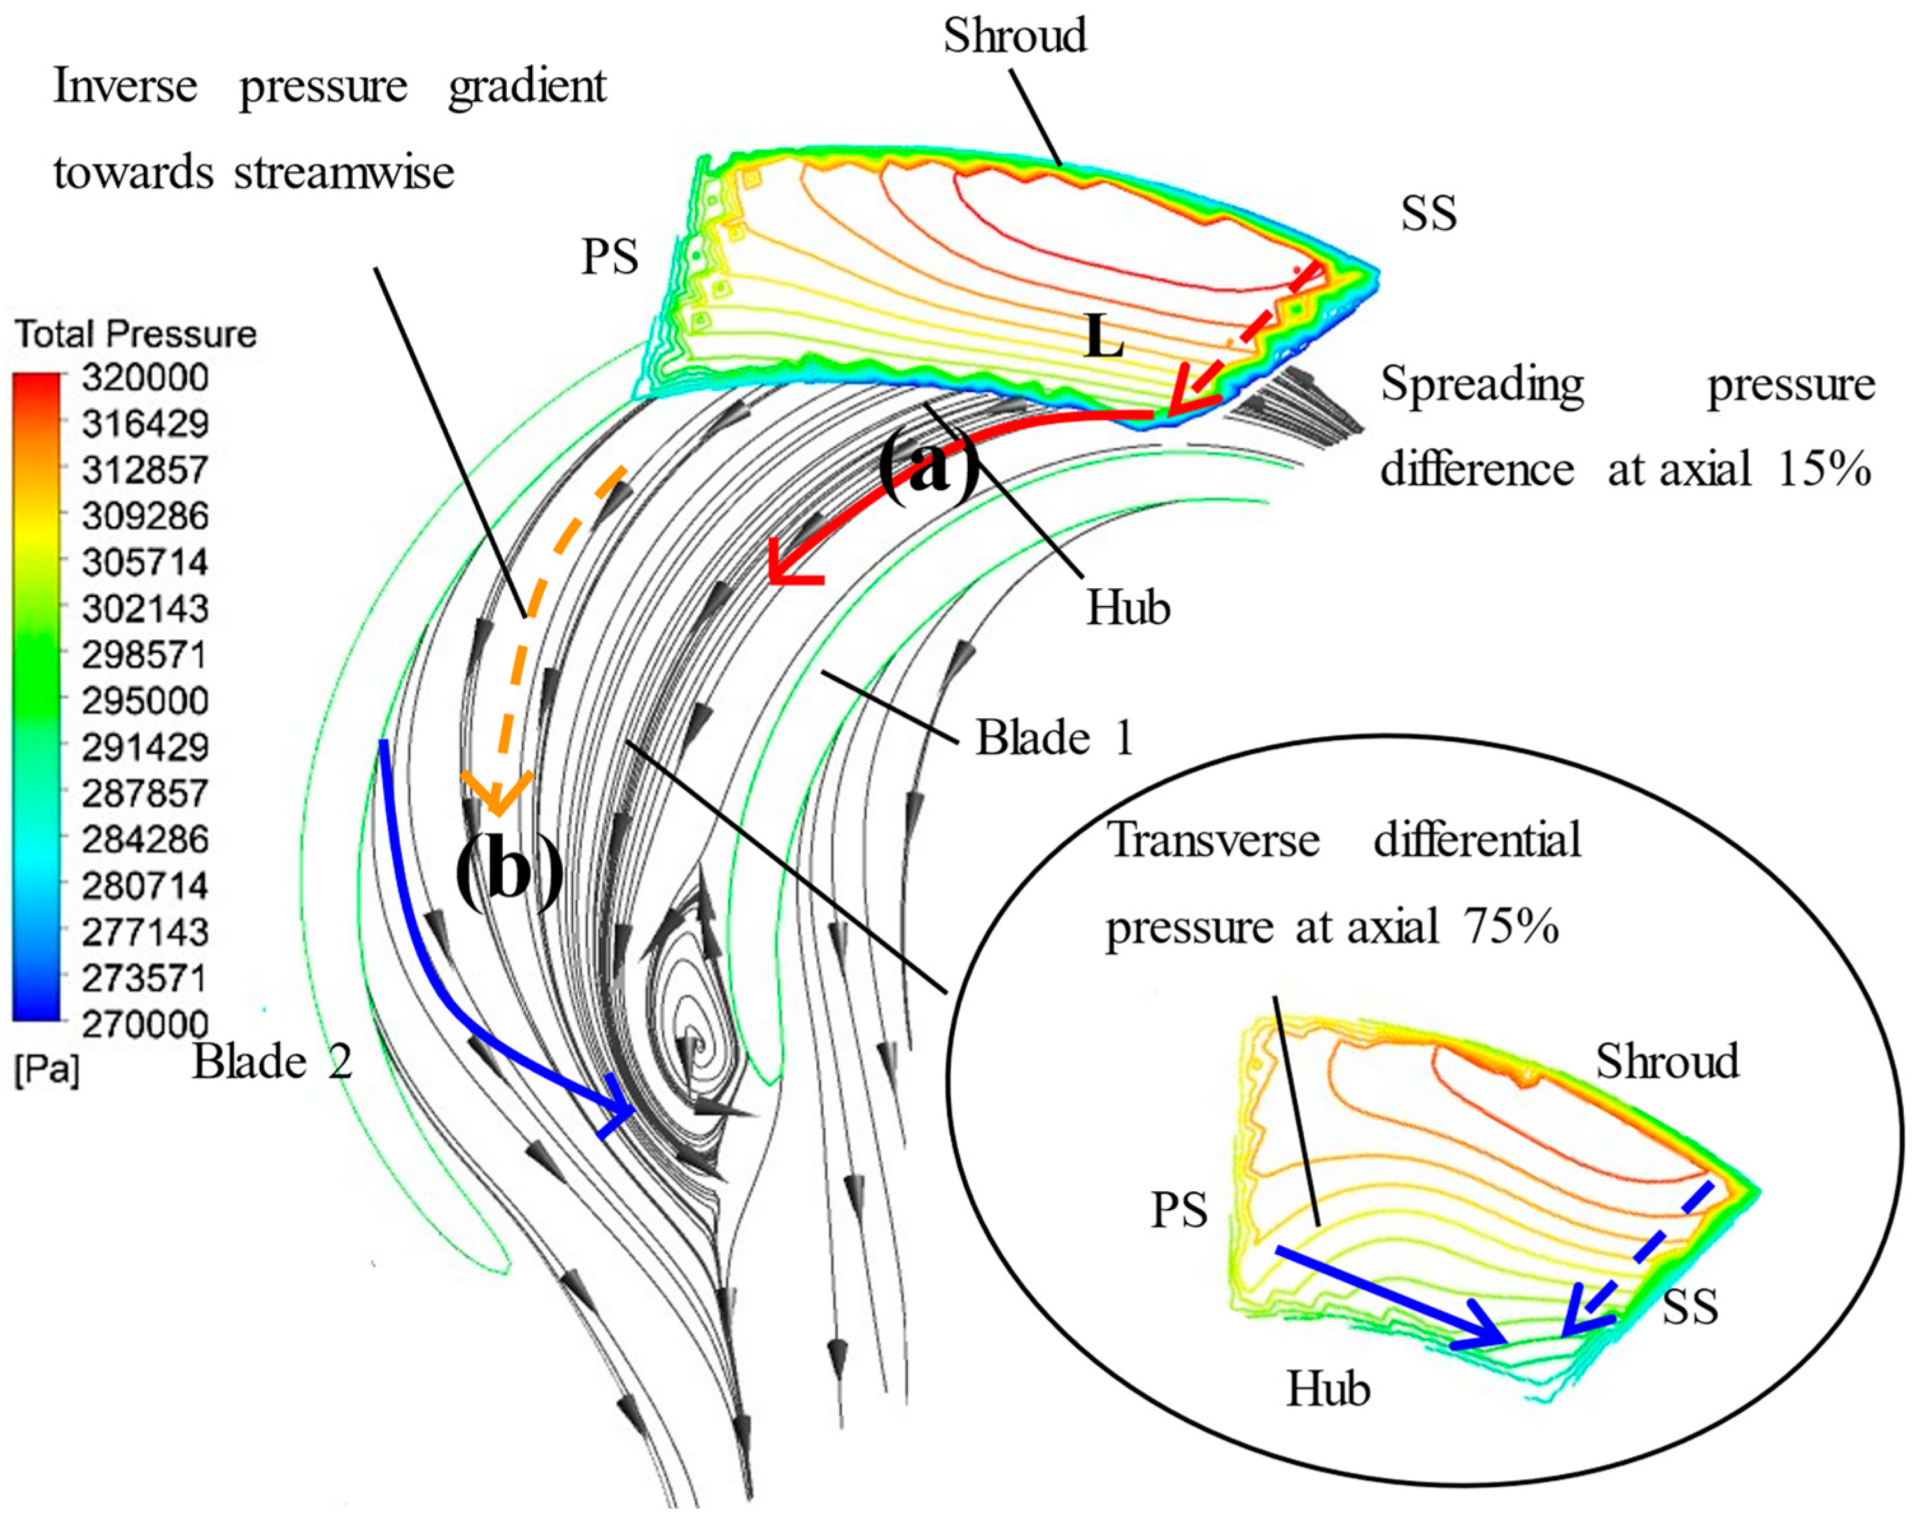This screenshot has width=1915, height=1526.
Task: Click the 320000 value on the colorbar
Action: point(145,378)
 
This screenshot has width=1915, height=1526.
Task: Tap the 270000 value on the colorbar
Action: point(145,1024)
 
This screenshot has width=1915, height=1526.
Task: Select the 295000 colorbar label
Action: point(145,701)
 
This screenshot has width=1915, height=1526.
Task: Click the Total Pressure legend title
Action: point(135,334)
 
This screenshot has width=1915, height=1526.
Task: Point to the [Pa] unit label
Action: point(46,1070)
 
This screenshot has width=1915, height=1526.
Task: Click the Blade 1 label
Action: point(1054,738)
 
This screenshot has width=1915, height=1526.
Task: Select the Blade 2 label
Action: point(272,1061)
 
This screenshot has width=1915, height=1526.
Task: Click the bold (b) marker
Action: point(509,870)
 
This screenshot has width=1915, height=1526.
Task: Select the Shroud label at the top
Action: point(1014,36)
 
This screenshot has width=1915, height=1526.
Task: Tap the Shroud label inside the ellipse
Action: point(1666,1061)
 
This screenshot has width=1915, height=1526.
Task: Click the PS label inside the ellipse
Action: point(1178,1210)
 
